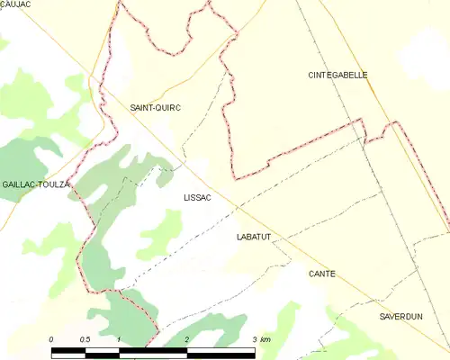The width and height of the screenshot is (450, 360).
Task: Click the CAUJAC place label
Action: [x=15, y=5]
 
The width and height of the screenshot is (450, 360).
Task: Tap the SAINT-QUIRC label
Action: [x=156, y=107]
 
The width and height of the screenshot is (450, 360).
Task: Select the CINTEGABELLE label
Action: [x=337, y=76]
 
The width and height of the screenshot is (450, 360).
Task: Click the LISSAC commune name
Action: [x=197, y=197]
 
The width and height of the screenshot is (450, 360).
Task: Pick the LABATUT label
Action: [x=254, y=237]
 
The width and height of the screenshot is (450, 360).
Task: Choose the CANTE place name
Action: [x=321, y=274]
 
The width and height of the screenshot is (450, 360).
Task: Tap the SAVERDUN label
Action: [x=400, y=318]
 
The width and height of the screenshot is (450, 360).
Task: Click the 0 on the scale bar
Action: [x=51, y=339]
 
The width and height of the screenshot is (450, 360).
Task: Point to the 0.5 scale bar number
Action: [x=85, y=339]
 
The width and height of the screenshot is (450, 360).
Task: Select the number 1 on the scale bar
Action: [x=119, y=339]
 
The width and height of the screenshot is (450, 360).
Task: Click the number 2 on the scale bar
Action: [x=186, y=339]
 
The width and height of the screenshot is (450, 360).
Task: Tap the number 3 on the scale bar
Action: [x=255, y=339]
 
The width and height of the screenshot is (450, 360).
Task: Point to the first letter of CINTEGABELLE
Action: [x=311, y=76]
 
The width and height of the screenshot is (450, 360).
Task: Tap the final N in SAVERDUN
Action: [x=419, y=318]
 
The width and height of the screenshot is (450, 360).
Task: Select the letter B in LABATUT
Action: [x=249, y=237]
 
